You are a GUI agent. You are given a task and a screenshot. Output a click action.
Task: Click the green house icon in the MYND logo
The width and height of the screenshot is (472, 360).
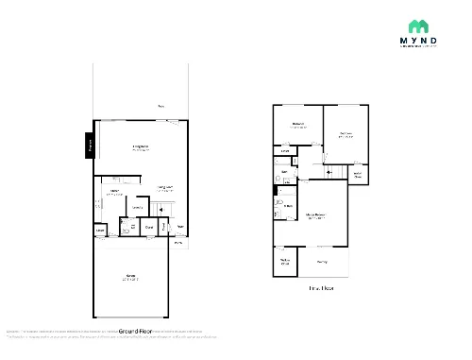pyautogui.click(x=416, y=26)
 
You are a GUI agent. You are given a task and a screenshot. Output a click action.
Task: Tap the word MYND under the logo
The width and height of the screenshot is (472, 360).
pyautogui.click(x=416, y=43)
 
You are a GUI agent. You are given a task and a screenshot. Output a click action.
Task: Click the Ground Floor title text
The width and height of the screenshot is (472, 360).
pyautogui.click(x=135, y=332)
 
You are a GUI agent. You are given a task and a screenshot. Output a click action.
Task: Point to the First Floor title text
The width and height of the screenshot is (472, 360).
pyautogui.click(x=322, y=287)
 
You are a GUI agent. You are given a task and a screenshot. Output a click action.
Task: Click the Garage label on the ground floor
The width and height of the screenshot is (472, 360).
pyautogui.click(x=130, y=277)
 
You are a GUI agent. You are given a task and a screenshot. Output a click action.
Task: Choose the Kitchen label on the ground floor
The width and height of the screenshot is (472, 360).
pyautogui.click(x=113, y=192)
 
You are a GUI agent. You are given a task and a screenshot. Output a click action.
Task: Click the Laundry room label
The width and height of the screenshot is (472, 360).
pyautogui.click(x=99, y=230)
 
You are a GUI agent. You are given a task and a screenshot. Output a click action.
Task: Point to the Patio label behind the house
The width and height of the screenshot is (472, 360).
pyautogui.click(x=162, y=106)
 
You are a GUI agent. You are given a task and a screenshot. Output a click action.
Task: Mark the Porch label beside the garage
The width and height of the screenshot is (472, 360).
pyautogui.click(x=178, y=243)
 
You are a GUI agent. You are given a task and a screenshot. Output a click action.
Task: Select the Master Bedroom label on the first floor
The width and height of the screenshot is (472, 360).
pyautogui.click(x=316, y=216)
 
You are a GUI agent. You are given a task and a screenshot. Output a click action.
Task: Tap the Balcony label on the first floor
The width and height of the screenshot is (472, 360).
pyautogui.click(x=322, y=262)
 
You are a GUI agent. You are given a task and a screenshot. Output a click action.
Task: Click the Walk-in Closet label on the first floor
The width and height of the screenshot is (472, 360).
pyautogui.click(x=284, y=261)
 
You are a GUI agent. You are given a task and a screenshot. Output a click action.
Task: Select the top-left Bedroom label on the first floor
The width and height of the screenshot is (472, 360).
pyautogui.click(x=298, y=124)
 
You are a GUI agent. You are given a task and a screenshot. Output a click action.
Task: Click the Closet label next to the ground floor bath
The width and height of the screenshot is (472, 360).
pyautogui.click(x=149, y=227)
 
